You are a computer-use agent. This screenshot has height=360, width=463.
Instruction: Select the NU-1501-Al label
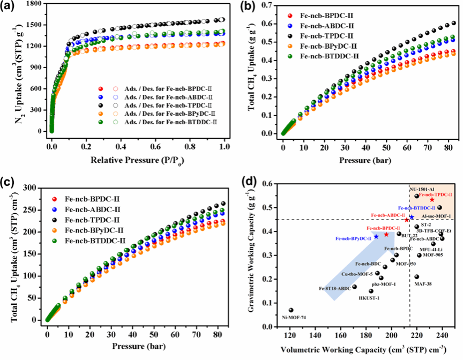(422, 189)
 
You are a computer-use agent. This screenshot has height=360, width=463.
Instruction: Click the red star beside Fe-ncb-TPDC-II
(432, 200)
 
